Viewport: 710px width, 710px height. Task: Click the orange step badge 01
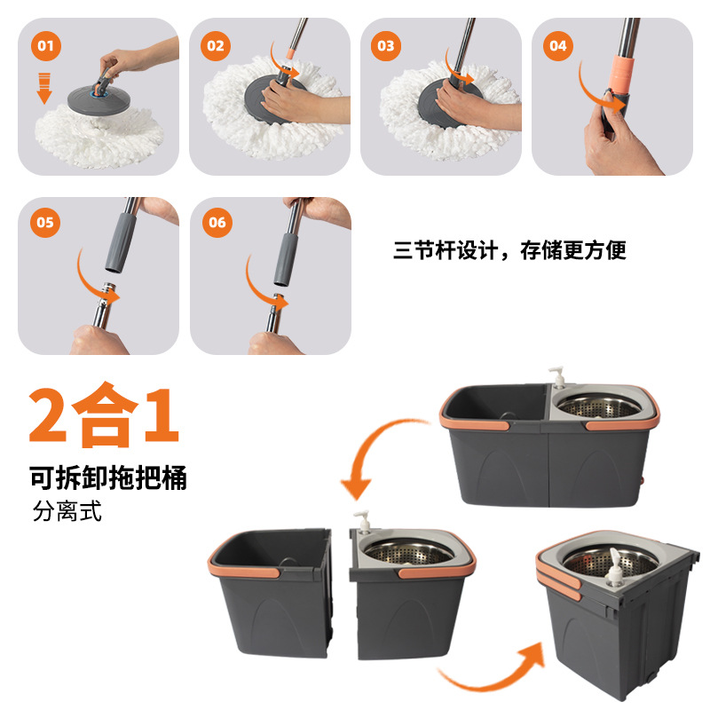pyautogui.click(x=45, y=45)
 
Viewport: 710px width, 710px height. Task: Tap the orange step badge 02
pyautogui.click(x=217, y=45)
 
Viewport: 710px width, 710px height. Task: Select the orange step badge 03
pyautogui.click(x=385, y=44)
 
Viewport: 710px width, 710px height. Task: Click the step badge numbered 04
pyautogui.click(x=556, y=44)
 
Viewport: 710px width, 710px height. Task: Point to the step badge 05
pyautogui.click(x=45, y=223)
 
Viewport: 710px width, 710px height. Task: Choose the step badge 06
pyautogui.click(x=217, y=223)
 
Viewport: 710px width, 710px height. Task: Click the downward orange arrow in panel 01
pyautogui.click(x=43, y=89)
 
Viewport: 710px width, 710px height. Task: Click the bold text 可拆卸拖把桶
pyautogui.click(x=107, y=478)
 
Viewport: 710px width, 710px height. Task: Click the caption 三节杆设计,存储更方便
pyautogui.click(x=509, y=250)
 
